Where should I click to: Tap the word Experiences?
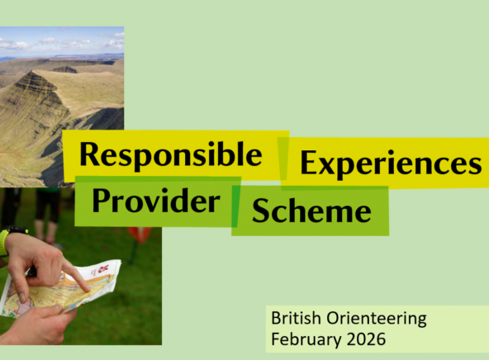[x=390, y=163]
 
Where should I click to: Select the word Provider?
[x=156, y=201]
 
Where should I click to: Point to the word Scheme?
[x=311, y=211]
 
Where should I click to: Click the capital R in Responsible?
[x=90, y=154]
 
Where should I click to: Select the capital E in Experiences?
[x=310, y=163]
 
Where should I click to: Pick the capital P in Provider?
[x=102, y=201]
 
